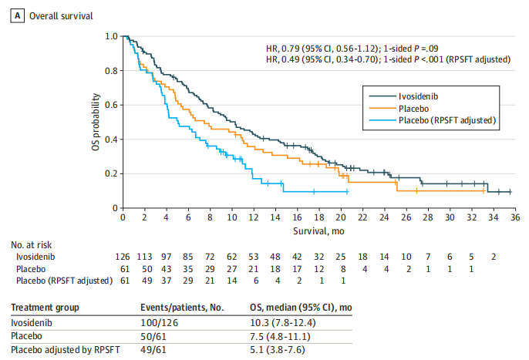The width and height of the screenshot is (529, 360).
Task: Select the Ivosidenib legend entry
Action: coord(420,96)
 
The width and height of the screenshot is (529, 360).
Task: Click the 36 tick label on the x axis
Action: coord(510,217)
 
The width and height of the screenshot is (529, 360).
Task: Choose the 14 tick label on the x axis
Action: coord(273,217)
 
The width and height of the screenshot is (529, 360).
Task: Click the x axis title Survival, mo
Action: coord(316,230)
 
